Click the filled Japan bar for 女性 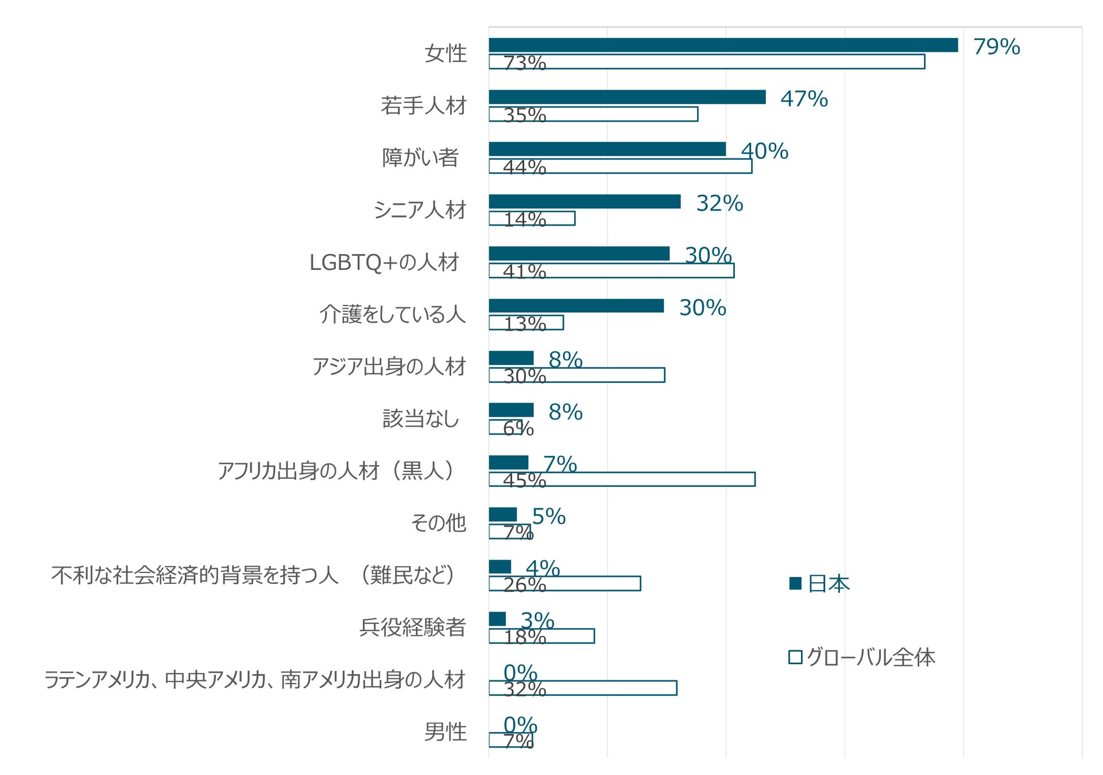(x=723, y=45)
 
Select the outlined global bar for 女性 (x=706, y=62)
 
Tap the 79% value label (x=996, y=47)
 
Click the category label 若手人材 (x=424, y=106)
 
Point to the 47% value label (x=804, y=99)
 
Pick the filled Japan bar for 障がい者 (x=607, y=149)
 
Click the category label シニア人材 (x=420, y=210)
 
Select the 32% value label (x=719, y=204)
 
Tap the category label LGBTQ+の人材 (x=384, y=262)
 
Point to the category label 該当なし (x=421, y=419)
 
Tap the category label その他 (x=438, y=523)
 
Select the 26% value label (x=524, y=585)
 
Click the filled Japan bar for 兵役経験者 (x=497, y=619)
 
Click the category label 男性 (x=445, y=732)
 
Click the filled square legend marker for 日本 (x=795, y=584)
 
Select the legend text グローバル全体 (x=870, y=657)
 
